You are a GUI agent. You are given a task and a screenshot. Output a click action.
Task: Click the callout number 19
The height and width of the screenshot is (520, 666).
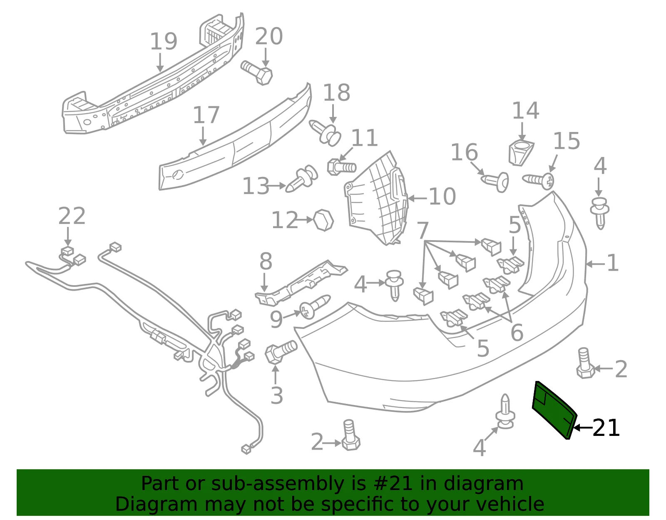(x=164, y=41)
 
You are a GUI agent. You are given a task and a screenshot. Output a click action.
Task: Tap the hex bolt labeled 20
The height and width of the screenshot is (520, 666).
(x=257, y=72)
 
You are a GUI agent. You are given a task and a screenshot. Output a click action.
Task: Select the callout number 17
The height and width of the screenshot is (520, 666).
(x=206, y=115)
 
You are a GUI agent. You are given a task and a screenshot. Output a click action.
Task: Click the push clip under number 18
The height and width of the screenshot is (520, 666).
(x=325, y=133)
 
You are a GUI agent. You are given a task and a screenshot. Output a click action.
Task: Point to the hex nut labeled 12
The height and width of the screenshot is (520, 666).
(x=323, y=220)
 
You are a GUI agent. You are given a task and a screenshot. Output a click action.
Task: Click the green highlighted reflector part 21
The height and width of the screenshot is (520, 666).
(x=555, y=411)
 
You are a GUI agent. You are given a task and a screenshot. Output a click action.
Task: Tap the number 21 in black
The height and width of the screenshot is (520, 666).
(x=606, y=428)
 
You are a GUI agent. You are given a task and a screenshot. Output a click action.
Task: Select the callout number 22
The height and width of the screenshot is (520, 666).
(x=72, y=216)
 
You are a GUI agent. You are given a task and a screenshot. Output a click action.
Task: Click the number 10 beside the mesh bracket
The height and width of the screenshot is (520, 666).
(x=442, y=197)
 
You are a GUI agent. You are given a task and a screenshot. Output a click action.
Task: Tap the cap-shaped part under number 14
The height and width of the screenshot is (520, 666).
(x=521, y=153)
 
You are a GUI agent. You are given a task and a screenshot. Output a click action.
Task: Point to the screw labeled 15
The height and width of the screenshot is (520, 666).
(x=538, y=181)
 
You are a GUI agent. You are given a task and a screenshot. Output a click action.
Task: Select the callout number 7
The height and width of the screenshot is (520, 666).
(x=422, y=230)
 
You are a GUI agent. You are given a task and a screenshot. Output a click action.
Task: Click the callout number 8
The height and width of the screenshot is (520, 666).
(x=266, y=261)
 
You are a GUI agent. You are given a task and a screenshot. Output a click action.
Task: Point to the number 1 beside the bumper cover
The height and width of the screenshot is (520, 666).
(x=613, y=263)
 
